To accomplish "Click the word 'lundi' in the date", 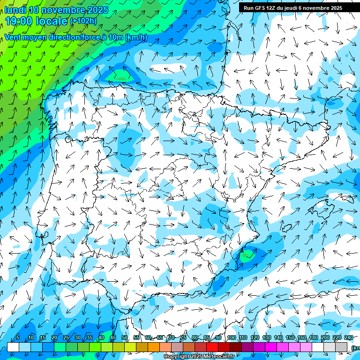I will [x=15, y=10].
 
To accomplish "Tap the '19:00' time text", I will [x=20, y=21].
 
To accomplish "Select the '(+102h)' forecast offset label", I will [x=83, y=21].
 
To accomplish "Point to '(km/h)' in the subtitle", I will [x=136, y=37].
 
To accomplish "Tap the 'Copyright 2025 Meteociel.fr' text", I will [x=199, y=357].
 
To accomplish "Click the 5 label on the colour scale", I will [x=18, y=337].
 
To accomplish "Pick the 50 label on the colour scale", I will [x=124, y=337].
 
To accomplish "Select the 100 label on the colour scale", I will [x=231, y=337].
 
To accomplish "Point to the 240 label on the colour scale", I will [x=348, y=337].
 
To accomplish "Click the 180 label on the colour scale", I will [x=313, y=337].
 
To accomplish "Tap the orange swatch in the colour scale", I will [x=154, y=346].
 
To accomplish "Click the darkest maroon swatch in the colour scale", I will [x=236, y=346].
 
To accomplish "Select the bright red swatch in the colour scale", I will [x=212, y=346].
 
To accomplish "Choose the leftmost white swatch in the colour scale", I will [x=13, y=346].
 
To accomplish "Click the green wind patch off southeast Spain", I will [x=246, y=255].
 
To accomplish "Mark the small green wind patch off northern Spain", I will [x=121, y=75].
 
